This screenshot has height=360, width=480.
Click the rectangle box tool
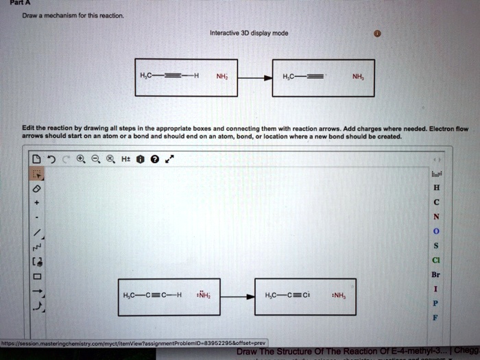(38, 277)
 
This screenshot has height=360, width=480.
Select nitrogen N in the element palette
(437, 215)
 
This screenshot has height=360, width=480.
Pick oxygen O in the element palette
(437, 231)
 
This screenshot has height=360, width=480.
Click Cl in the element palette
(437, 260)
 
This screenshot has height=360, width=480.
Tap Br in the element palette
(437, 274)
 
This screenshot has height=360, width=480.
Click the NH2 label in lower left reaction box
(202, 296)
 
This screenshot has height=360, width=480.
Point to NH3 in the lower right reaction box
(339, 296)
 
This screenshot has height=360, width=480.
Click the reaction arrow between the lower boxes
(237, 297)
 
